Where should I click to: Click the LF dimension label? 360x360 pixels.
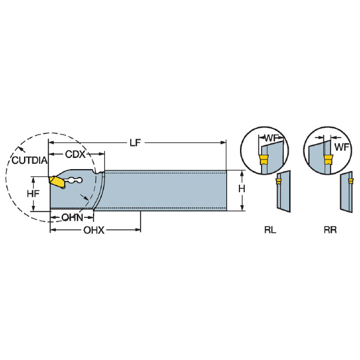point(135,143)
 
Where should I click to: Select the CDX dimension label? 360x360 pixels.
point(75,154)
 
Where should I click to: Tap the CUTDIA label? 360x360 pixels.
point(29,160)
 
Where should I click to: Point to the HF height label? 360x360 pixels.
point(33,194)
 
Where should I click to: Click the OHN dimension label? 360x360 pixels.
point(72,217)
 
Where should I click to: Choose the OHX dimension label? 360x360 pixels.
point(94,230)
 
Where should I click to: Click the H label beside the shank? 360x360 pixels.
point(242,189)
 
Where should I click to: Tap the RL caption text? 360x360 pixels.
point(270,230)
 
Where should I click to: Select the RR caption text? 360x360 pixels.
point(330,230)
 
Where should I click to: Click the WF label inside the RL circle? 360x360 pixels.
point(271,138)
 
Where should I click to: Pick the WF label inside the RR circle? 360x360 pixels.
point(341,147)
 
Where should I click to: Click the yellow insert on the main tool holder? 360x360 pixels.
point(56,182)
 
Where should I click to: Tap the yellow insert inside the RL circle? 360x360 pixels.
point(264,160)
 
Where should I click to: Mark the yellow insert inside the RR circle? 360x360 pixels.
point(328,160)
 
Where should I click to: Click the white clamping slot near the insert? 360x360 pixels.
point(73,181)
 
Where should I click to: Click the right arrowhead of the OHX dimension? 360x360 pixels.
point(138,230)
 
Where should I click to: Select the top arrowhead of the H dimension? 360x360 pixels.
point(242,173)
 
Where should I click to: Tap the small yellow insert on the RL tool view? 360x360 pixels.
point(278,181)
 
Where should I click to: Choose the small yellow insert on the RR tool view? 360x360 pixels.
point(351,181)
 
